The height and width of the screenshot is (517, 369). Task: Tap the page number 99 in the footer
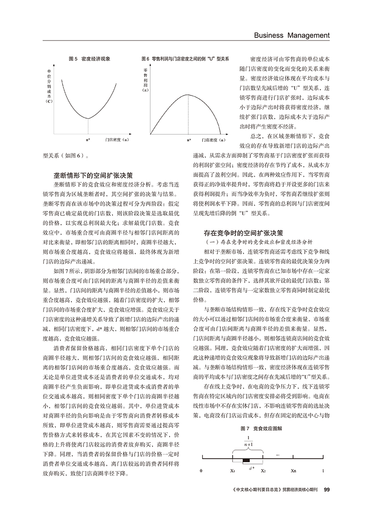(x=327, y=490)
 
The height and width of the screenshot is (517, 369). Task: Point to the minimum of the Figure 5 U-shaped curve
(x=88, y=119)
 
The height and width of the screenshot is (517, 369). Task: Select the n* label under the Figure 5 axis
(x=88, y=140)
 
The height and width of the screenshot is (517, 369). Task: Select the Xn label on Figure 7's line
(x=293, y=470)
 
